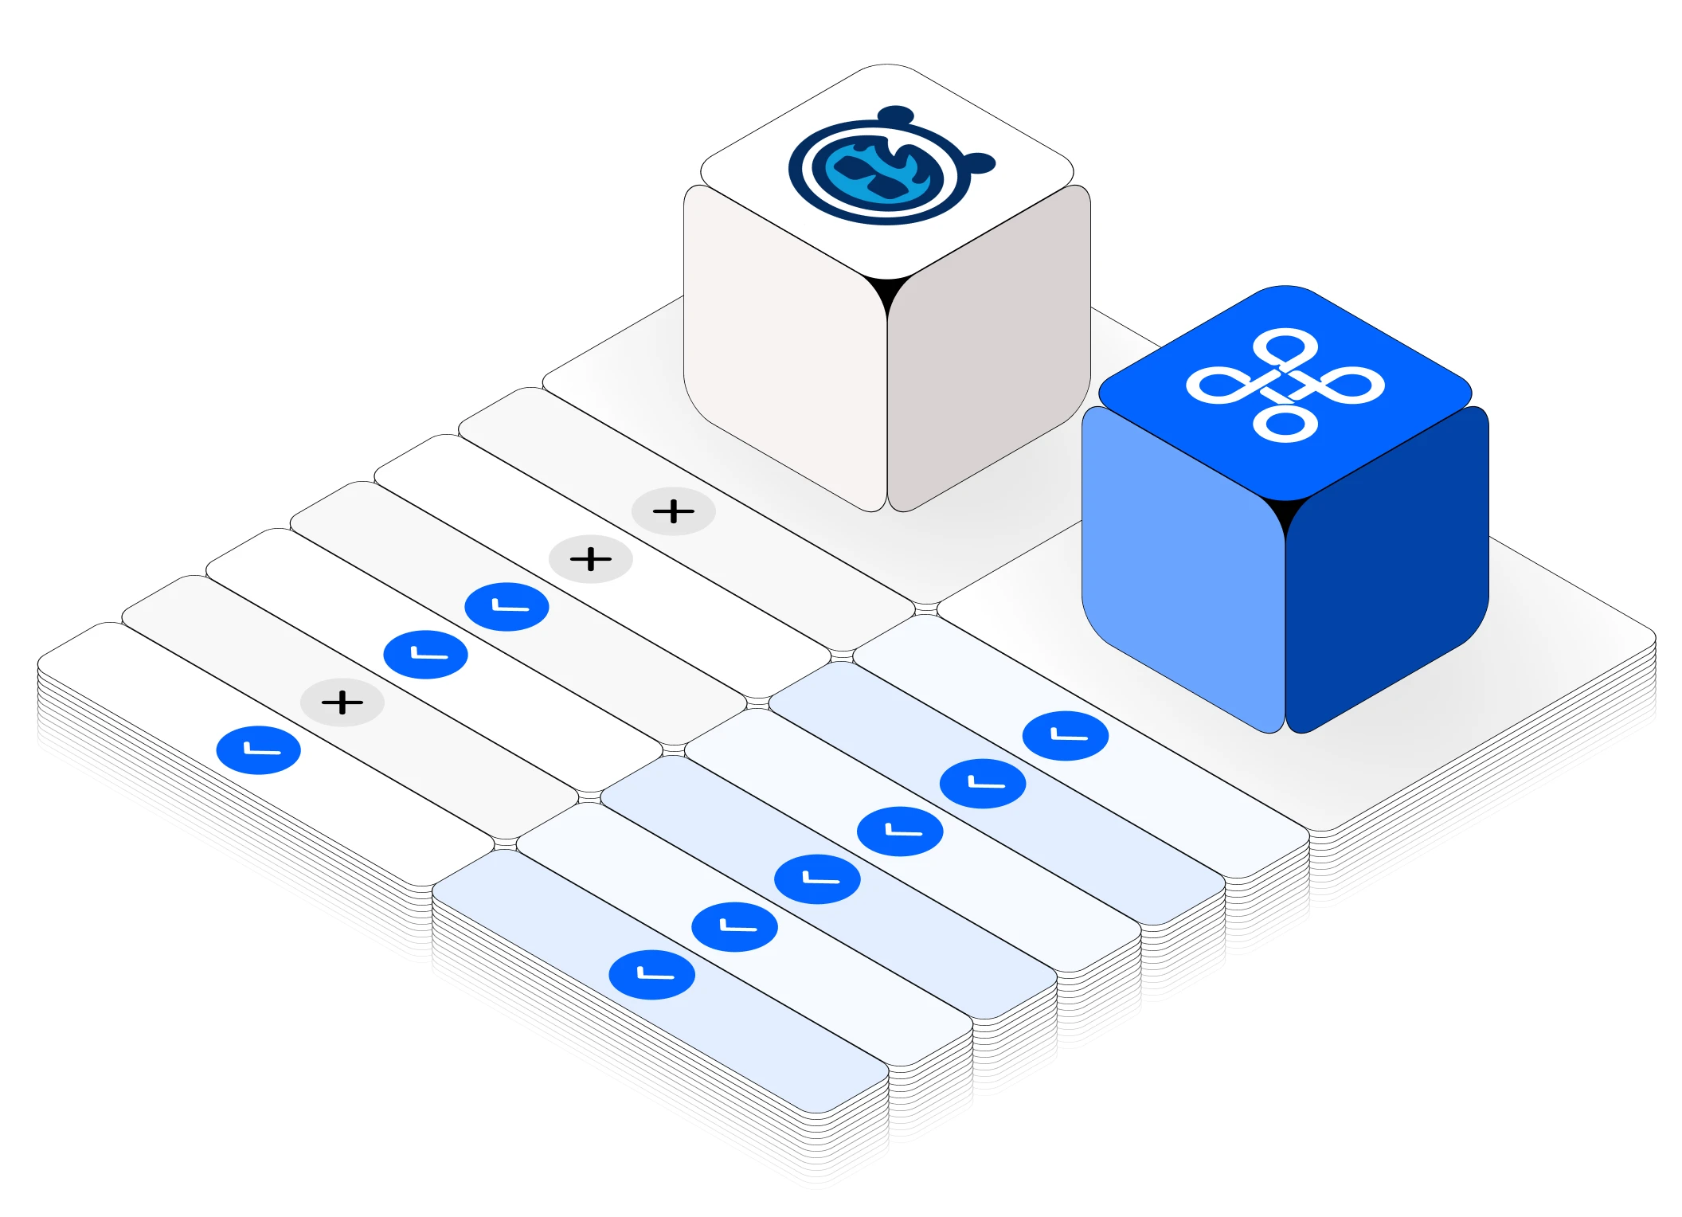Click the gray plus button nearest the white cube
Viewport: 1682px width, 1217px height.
(x=673, y=511)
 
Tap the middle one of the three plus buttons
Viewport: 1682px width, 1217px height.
(x=590, y=559)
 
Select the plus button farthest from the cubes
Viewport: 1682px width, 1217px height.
(x=342, y=702)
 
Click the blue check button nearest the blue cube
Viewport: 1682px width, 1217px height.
(x=1066, y=735)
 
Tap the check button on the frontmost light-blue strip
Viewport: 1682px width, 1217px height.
(x=651, y=974)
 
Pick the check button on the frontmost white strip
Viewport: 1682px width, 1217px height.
(x=259, y=750)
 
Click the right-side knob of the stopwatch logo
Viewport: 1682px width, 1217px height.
(x=980, y=163)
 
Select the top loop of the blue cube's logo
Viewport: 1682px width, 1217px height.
(x=1285, y=347)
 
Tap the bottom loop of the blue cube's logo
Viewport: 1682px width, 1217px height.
(x=1285, y=424)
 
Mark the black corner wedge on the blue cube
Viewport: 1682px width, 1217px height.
(x=1285, y=514)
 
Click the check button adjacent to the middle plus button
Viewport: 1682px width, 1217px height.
(x=507, y=607)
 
